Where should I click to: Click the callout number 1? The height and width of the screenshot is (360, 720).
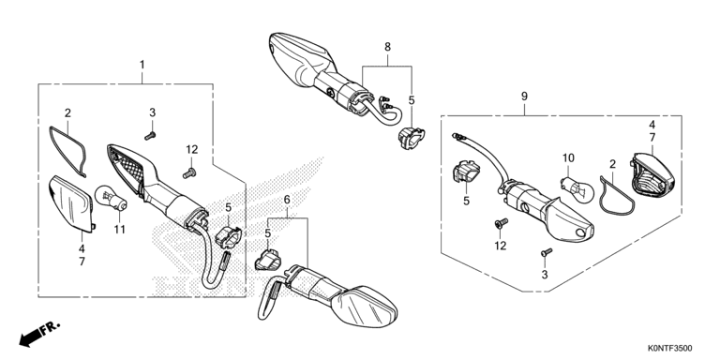pos(142,65)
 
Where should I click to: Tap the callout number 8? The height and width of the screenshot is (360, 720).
pos(387,47)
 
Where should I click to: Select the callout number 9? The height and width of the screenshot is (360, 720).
pos(524,97)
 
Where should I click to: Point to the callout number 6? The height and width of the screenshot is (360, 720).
pos(287,200)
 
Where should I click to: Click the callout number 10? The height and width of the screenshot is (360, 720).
pos(568,158)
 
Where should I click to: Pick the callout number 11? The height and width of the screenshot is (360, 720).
pos(120,229)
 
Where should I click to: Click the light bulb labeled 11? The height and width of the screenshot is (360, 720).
pos(111,198)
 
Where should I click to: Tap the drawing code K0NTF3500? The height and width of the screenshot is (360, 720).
pos(670,349)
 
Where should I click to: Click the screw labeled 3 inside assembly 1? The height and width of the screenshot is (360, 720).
pos(150,135)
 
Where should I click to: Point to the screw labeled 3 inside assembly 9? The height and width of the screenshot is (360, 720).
pos(547,252)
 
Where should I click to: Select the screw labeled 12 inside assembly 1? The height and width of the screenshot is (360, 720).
pos(189,173)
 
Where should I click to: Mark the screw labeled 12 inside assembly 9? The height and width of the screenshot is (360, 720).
pos(501,223)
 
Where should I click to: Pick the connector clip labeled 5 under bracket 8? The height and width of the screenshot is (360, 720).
pos(410,137)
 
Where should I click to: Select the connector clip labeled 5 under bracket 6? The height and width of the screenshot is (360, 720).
pos(268,260)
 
